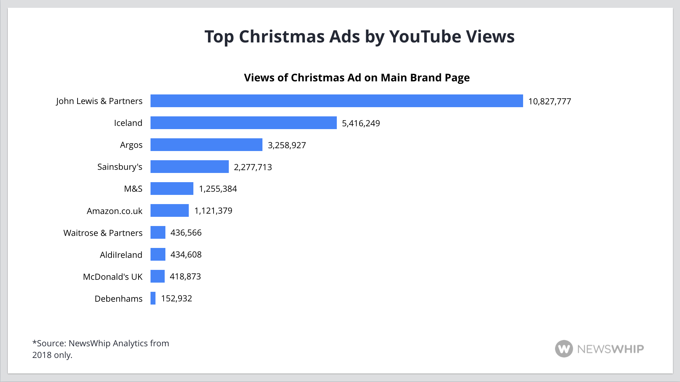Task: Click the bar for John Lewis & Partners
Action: (x=336, y=101)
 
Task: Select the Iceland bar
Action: (x=243, y=123)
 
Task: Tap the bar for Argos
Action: (x=206, y=145)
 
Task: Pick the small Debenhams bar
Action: (x=153, y=298)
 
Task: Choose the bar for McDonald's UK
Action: (x=158, y=276)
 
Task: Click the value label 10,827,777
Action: (x=549, y=102)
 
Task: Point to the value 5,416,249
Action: (x=361, y=123)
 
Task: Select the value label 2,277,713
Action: (x=253, y=167)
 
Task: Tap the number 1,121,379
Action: (x=213, y=211)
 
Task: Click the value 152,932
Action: (x=176, y=299)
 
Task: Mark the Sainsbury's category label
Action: (x=120, y=167)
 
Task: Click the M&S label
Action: (x=133, y=189)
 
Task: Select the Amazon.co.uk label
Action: (x=114, y=211)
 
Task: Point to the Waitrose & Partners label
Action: (x=103, y=233)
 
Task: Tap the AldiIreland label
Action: (x=121, y=255)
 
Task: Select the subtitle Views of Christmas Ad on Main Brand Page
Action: (x=357, y=78)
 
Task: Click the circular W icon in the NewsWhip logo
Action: (x=563, y=349)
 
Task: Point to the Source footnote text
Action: (x=101, y=349)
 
